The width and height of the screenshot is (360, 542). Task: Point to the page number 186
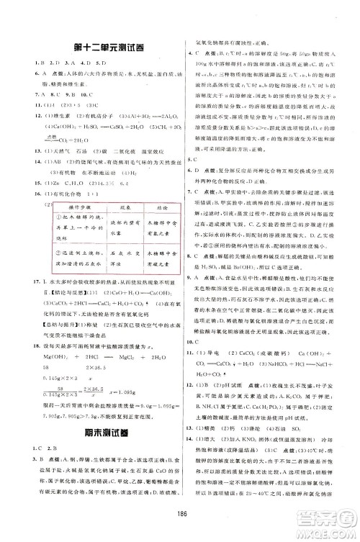click(x=179, y=524)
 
